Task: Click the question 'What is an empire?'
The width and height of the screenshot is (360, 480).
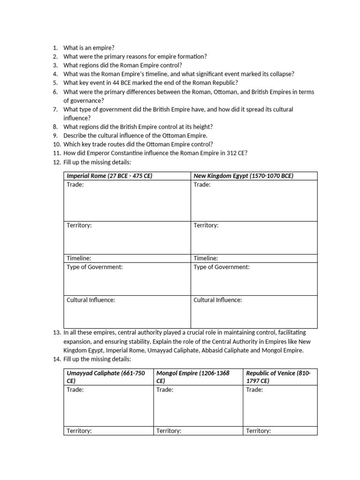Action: [89, 48]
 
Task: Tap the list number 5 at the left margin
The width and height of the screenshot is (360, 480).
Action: [55, 82]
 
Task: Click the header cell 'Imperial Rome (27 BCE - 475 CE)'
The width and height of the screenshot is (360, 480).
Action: [109, 176]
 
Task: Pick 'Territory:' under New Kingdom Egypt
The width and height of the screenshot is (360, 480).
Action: [206, 225]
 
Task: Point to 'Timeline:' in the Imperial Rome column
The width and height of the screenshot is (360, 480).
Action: [79, 258]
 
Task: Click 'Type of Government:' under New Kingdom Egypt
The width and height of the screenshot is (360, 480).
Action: [221, 267]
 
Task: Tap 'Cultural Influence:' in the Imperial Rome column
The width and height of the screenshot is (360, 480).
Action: [90, 300]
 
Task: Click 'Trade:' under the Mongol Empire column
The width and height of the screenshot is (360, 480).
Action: [165, 390]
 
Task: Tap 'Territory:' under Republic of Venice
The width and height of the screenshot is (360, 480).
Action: [258, 431]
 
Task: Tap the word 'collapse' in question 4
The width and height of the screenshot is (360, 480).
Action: [278, 74]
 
